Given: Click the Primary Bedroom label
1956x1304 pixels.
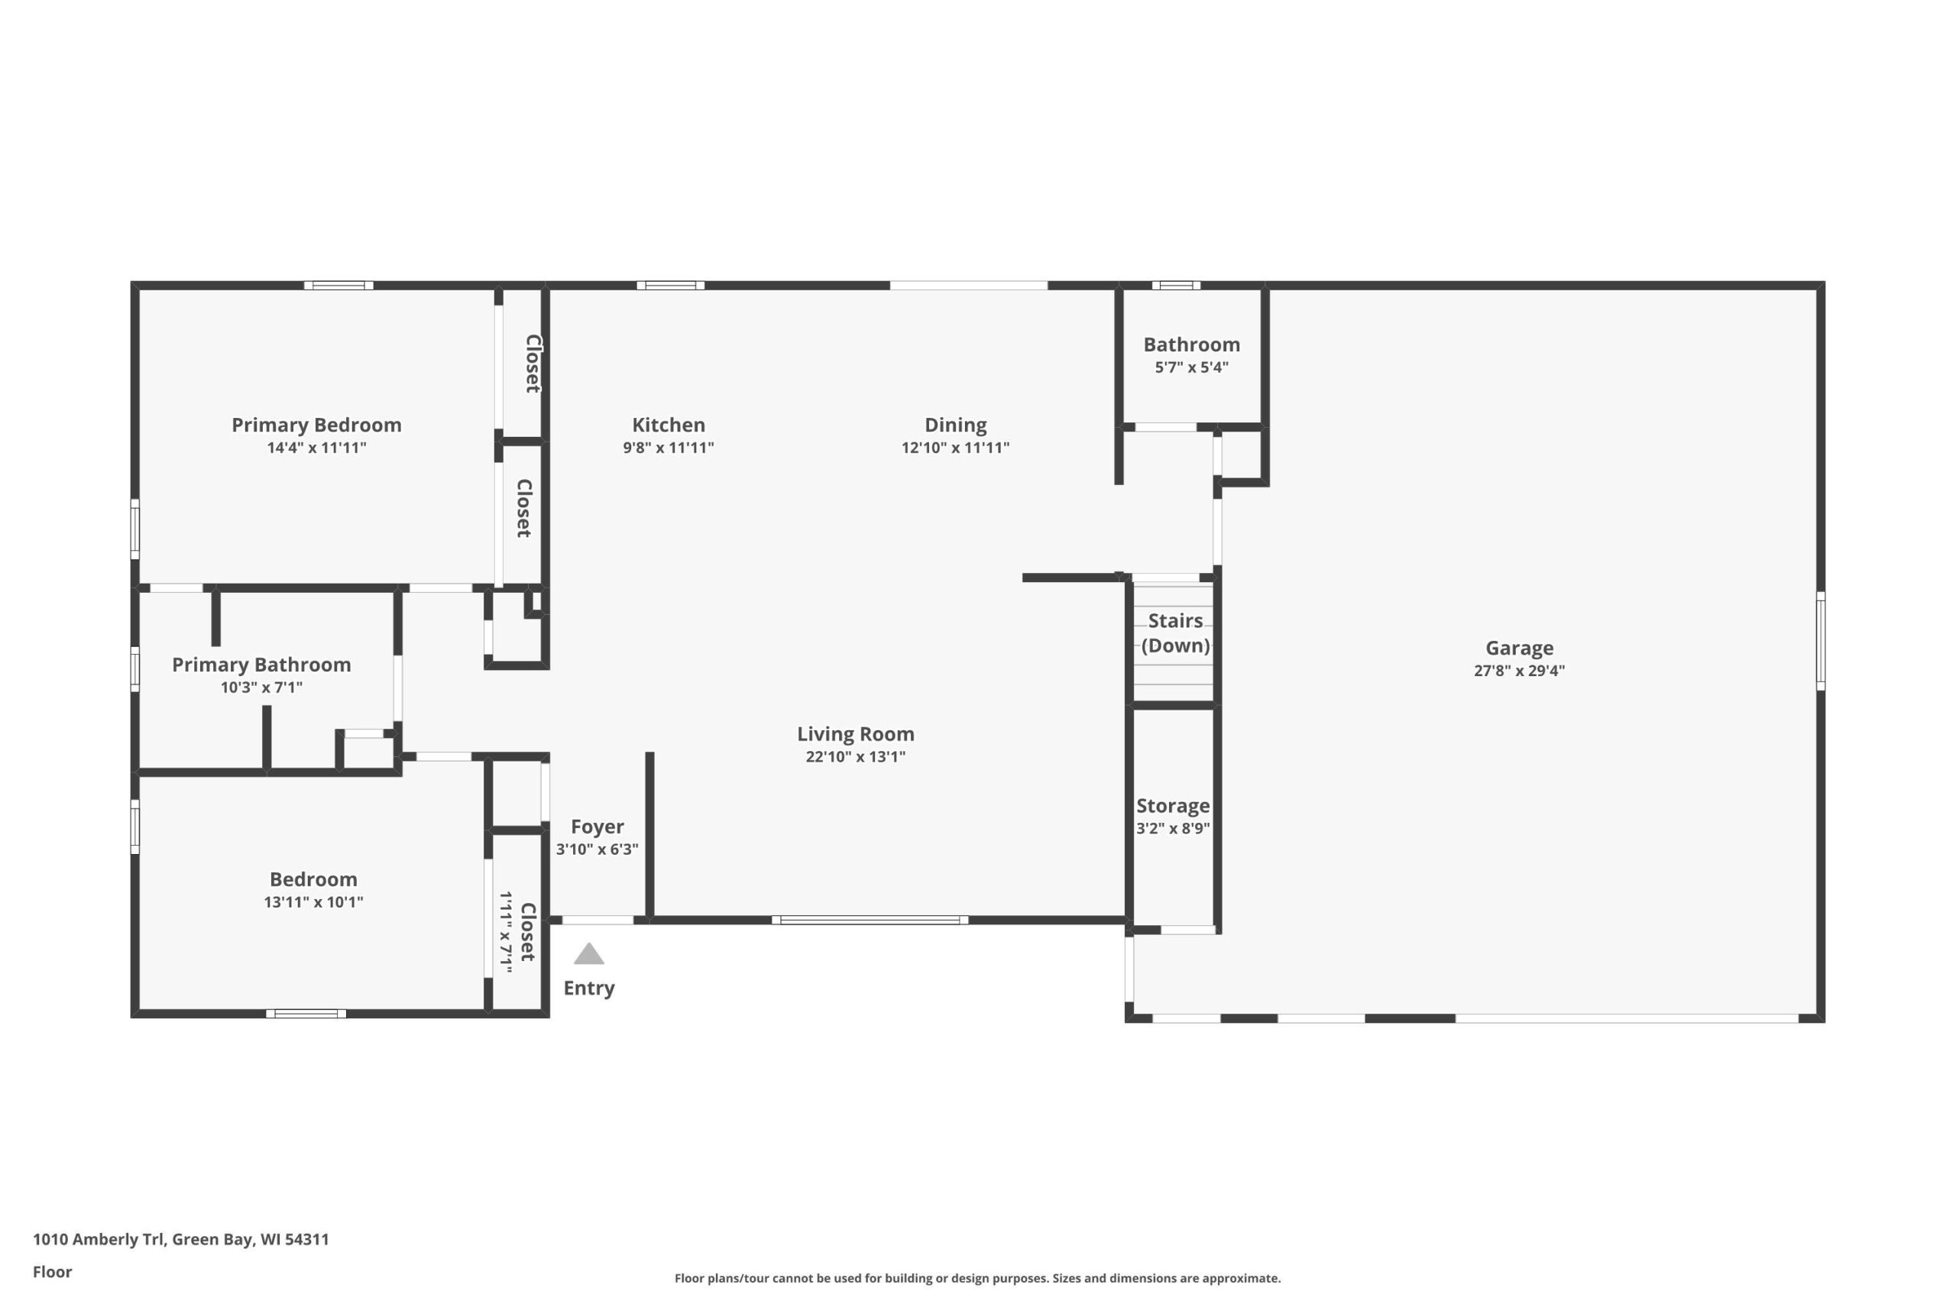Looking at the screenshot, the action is point(316,425).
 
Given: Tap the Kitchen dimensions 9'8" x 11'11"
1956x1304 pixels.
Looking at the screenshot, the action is point(669,448).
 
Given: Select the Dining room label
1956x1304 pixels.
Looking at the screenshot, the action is point(956,425).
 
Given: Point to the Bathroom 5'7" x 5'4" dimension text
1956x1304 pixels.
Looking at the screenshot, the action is point(1192,367).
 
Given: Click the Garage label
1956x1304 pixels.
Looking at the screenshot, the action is point(1520,648).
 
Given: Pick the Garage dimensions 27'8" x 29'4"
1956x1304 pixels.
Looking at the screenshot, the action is point(1520,670).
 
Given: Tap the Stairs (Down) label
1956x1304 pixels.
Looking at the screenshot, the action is point(1175,633).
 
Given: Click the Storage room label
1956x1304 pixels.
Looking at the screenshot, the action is point(1173,806).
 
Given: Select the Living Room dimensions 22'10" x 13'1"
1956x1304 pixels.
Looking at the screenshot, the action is point(856,757).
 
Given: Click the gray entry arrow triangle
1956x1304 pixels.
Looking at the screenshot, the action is point(589,954).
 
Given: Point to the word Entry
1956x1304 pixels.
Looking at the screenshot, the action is point(589,988).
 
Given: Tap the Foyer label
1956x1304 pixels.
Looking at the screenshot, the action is point(597,827).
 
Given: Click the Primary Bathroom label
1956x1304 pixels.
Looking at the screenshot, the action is point(261,665).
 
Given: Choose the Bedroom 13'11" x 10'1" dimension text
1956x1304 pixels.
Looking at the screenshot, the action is point(313,902).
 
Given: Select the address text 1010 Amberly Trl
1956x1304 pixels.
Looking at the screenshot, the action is point(99,1239).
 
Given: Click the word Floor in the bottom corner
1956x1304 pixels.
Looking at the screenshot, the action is point(53,1272).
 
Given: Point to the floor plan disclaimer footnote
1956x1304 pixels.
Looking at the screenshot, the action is point(977,1278).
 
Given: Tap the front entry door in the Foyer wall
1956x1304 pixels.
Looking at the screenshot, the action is point(598,920).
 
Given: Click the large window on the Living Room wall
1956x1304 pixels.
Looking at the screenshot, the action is point(870,920).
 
